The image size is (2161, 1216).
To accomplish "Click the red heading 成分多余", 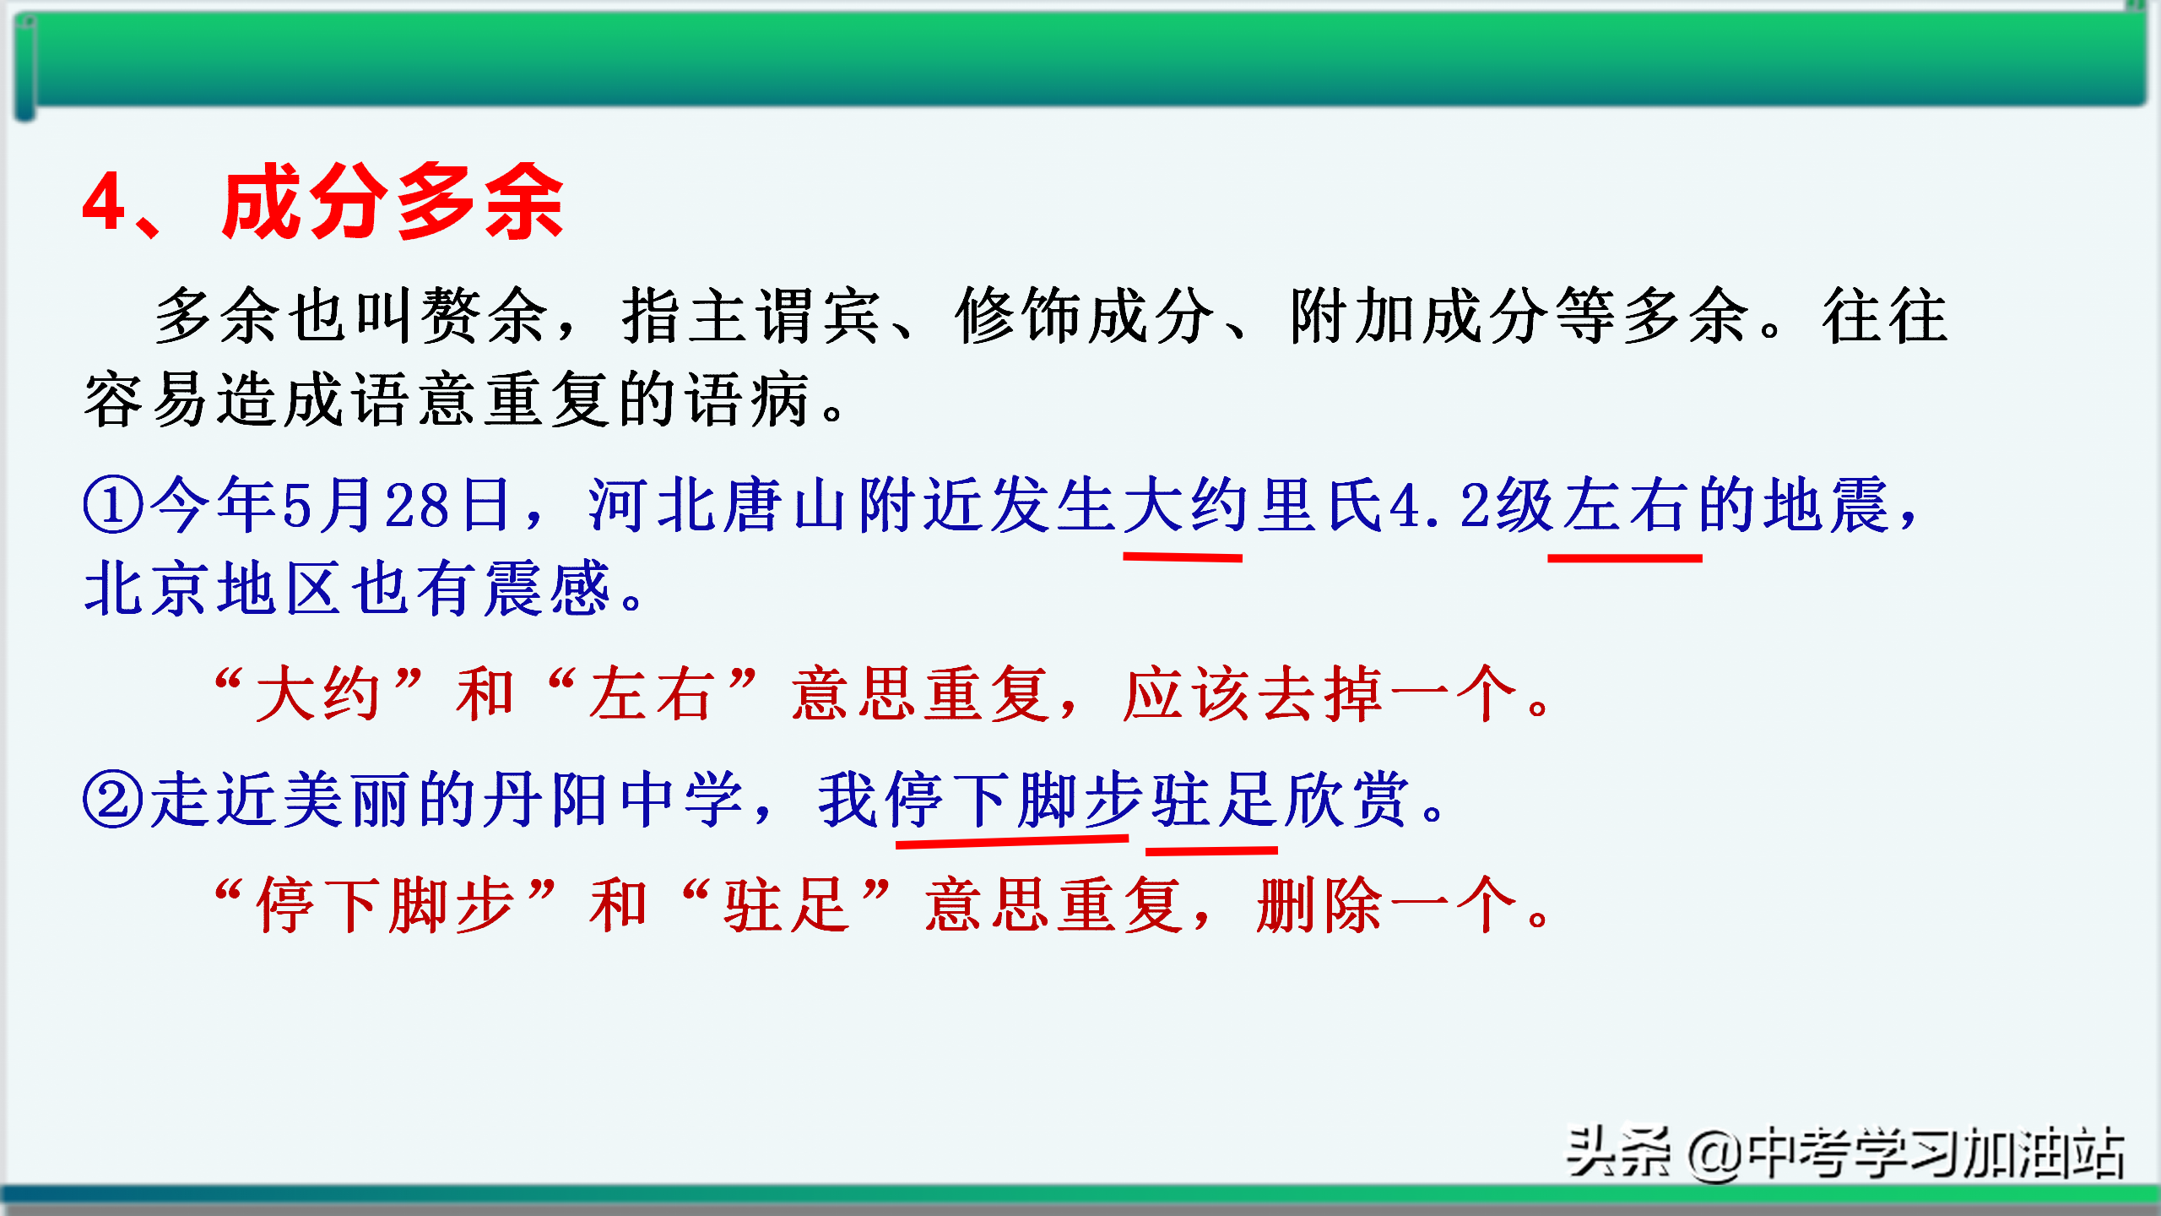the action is tap(393, 202).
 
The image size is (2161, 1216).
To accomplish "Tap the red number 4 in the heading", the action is tap(105, 202).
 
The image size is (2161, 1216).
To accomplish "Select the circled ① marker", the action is tap(113, 504).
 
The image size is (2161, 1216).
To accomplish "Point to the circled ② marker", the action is tap(113, 800).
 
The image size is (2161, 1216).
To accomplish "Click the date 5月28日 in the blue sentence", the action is tap(396, 504).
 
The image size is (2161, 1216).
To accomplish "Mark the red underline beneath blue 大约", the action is tap(1183, 556).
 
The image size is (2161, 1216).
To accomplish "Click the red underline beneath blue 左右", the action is tap(1625, 557).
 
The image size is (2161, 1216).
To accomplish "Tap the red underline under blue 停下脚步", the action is tap(1012, 840).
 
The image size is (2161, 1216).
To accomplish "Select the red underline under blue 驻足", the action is tap(1211, 850).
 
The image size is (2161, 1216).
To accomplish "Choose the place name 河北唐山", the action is tap(721, 504).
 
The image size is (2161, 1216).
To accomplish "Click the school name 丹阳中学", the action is tap(615, 800).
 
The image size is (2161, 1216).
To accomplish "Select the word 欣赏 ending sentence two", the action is tap(1349, 800).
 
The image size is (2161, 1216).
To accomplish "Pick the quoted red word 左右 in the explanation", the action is tap(653, 694).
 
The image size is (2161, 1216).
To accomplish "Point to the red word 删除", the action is tap(1319, 905).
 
